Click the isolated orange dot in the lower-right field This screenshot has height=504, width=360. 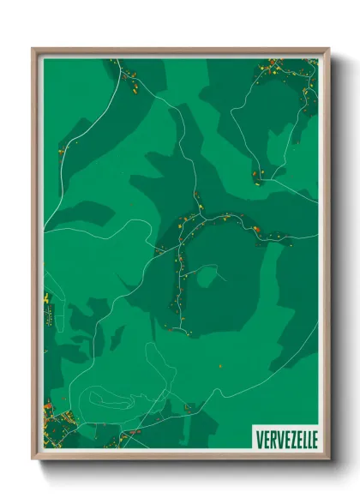[x=221, y=366]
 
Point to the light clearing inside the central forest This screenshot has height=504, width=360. [x=206, y=276]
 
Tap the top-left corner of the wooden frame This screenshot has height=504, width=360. [x=34, y=50]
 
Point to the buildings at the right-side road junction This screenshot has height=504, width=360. [x=259, y=176]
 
